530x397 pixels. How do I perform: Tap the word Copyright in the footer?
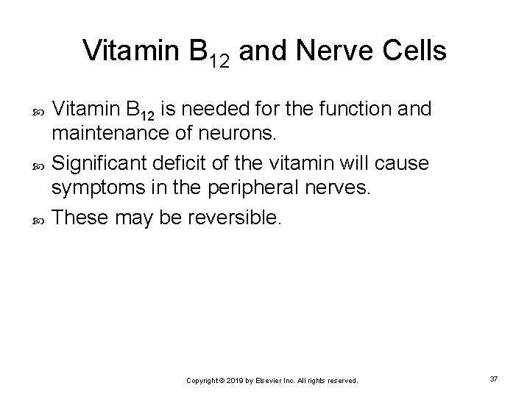(x=202, y=381)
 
